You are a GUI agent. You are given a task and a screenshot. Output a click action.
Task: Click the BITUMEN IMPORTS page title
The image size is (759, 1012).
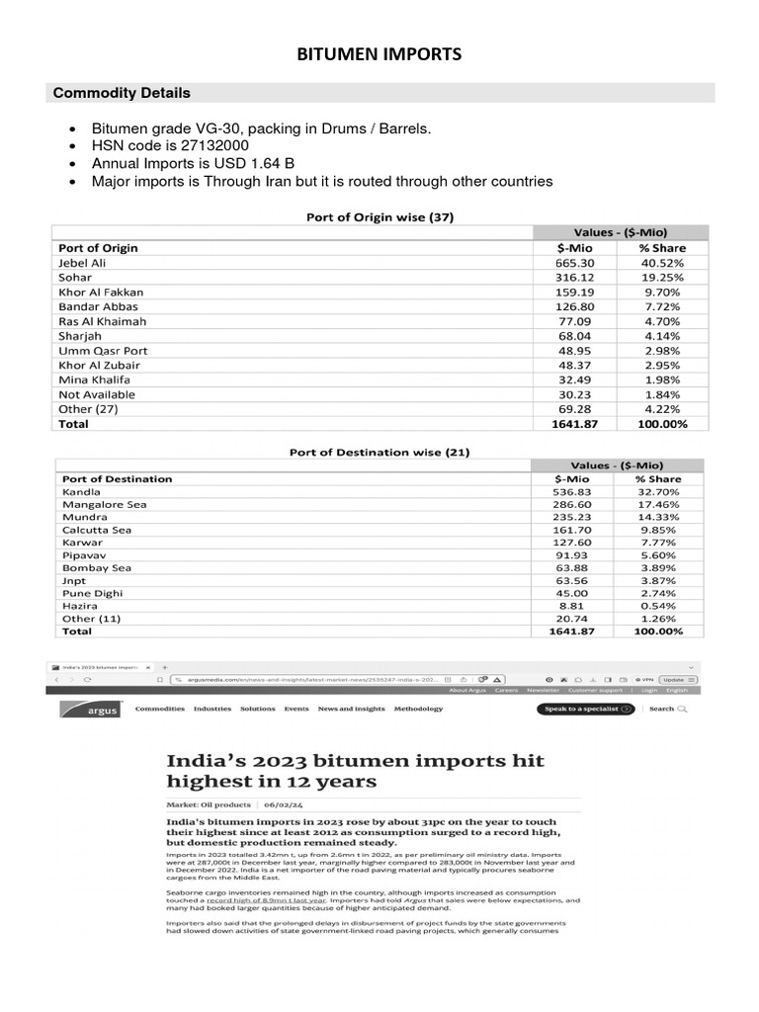pos(379,54)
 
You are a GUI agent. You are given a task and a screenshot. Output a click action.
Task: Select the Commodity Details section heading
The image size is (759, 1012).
pos(122,93)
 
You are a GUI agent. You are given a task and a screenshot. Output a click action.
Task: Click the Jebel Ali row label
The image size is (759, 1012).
pos(82,263)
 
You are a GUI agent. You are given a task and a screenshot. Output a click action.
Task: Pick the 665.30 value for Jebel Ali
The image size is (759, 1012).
pos(575,263)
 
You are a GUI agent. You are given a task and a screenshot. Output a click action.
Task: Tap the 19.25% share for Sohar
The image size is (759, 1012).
pos(662,278)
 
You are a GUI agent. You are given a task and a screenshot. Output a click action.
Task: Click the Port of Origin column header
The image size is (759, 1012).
pos(98,248)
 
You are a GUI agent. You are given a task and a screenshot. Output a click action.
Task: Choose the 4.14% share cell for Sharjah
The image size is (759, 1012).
pos(662,336)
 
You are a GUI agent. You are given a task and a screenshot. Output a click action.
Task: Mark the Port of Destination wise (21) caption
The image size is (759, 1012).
pos(379,453)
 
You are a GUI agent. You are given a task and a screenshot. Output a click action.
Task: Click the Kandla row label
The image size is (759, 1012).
pos(81,491)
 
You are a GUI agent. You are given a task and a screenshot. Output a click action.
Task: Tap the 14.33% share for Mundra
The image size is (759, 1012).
pos(657,517)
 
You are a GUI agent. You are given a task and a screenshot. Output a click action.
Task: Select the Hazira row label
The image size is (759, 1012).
pos(80,606)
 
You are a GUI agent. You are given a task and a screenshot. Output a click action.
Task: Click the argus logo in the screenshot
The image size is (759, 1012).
pos(90,710)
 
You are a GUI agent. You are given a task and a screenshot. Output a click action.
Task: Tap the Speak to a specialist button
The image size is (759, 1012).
pos(585,709)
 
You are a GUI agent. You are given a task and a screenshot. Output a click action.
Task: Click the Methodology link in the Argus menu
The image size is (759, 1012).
pos(418,709)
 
